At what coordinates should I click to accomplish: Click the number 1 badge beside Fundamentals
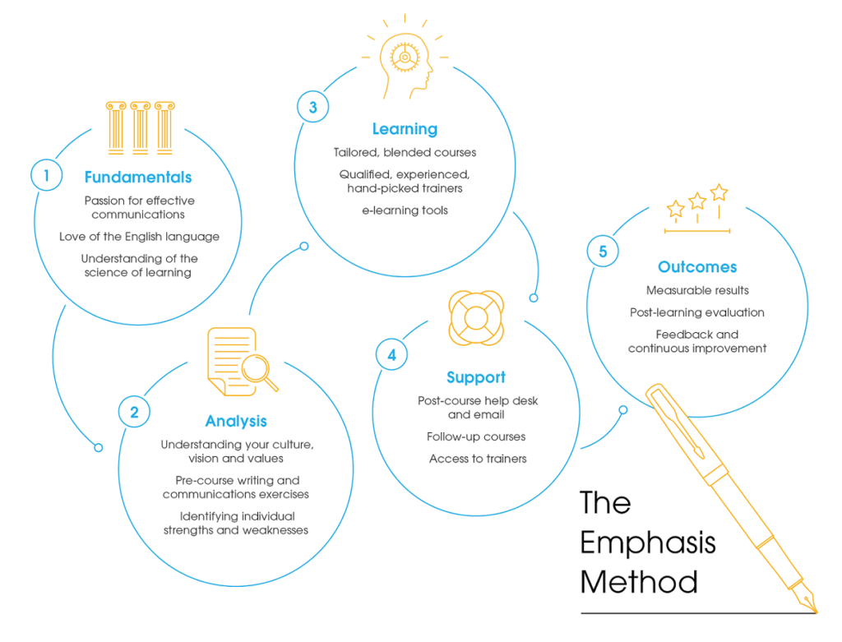(x=47, y=175)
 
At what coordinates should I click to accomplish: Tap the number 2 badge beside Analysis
(x=134, y=413)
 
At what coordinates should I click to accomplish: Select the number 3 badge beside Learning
(x=312, y=107)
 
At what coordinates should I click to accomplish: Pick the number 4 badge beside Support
(x=391, y=355)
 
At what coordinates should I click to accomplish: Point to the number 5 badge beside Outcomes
(x=603, y=252)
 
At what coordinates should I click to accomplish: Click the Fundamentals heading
(x=138, y=178)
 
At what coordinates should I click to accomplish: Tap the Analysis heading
(x=236, y=422)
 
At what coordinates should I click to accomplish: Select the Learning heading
(x=405, y=129)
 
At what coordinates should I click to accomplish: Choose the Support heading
(x=476, y=377)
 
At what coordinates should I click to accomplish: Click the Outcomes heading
(x=697, y=267)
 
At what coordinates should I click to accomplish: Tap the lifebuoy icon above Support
(x=475, y=317)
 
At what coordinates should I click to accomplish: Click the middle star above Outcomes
(x=697, y=201)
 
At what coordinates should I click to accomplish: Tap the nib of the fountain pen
(x=810, y=603)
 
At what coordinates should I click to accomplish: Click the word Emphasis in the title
(x=648, y=543)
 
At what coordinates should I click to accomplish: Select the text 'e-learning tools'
(x=405, y=210)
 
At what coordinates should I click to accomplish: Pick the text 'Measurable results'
(x=697, y=290)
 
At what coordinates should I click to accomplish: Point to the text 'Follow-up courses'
(x=476, y=436)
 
